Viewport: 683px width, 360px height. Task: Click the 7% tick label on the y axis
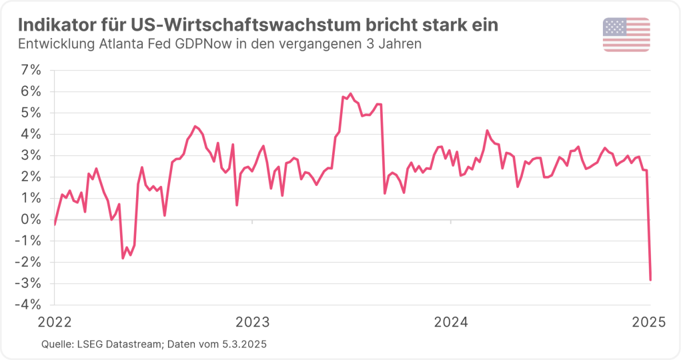pyautogui.click(x=30, y=70)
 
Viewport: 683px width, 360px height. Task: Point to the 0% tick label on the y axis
pyautogui.click(x=30, y=219)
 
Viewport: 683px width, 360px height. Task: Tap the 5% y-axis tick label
pyautogui.click(x=30, y=113)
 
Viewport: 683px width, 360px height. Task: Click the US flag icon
pyautogui.click(x=626, y=35)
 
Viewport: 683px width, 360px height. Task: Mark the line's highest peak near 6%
pyautogui.click(x=351, y=94)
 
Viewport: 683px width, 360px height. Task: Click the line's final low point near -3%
pyautogui.click(x=650, y=280)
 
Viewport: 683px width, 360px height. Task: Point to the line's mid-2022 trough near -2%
pyautogui.click(x=123, y=258)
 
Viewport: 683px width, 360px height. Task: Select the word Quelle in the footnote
pyautogui.click(x=57, y=343)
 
